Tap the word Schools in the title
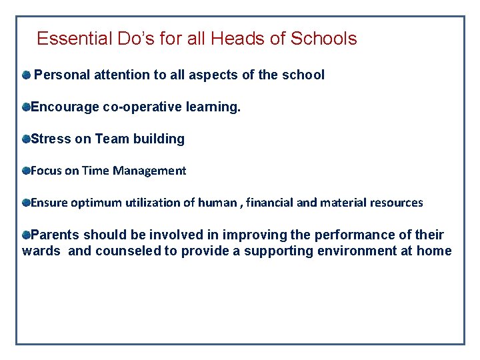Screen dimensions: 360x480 pyautogui.click(x=324, y=39)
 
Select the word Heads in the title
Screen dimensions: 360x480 pyautogui.click(x=238, y=39)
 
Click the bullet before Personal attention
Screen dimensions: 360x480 pyautogui.click(x=26, y=75)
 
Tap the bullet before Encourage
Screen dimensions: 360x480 pyautogui.click(x=26, y=107)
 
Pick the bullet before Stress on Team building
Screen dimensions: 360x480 pyautogui.click(x=26, y=139)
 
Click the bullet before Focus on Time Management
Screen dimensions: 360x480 pyautogui.click(x=26, y=171)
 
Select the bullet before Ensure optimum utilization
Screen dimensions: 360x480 pyautogui.click(x=26, y=202)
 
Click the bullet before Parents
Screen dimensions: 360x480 pyautogui.click(x=26, y=235)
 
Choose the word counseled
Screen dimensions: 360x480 pyautogui.click(x=129, y=251)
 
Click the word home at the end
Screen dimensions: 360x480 pyautogui.click(x=434, y=251)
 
